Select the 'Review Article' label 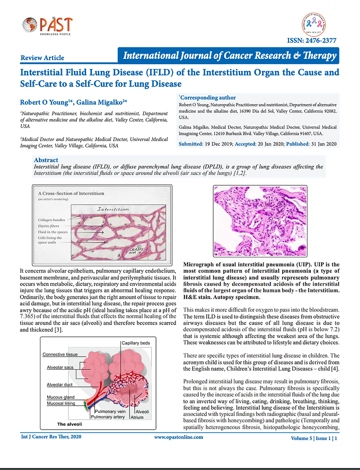click(42, 58)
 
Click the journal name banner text click(230, 55)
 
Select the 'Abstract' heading click(46, 160)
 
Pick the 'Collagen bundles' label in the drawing click(52, 219)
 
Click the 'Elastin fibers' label click(49, 226)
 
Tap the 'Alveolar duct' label click(60, 385)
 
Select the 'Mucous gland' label click(60, 398)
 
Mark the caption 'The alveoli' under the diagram click(70, 424)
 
